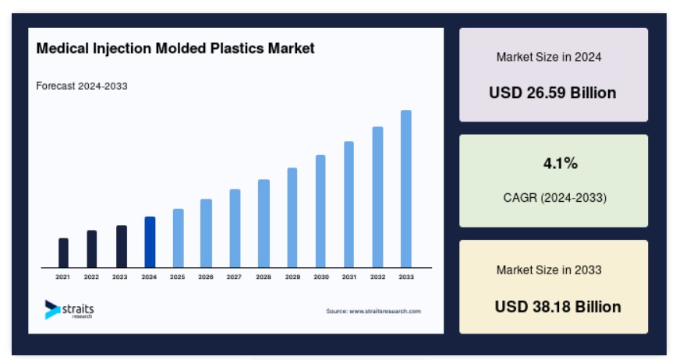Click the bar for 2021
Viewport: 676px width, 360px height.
pos(63,252)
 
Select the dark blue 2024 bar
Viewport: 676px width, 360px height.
pos(150,242)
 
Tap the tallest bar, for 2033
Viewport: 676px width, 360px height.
pos(406,189)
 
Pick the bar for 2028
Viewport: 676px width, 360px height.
pos(264,224)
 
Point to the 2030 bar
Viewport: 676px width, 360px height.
pos(320,211)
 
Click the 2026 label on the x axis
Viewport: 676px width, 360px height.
pos(206,277)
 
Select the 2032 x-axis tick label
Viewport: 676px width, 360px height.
pos(377,277)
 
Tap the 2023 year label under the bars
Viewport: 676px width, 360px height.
pos(120,277)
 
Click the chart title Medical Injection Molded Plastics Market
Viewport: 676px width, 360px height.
pos(175,48)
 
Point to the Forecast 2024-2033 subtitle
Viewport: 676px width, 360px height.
pos(82,86)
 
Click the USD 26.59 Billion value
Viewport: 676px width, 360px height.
pos(553,93)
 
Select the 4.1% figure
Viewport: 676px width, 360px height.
pos(561,163)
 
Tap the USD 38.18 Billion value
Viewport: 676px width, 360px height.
pos(557,306)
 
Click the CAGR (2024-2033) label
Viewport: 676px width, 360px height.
pos(555,198)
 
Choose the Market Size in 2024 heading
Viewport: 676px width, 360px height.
pos(549,57)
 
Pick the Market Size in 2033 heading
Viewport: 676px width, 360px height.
pos(549,270)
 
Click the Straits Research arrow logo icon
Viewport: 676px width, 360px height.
pos(51,309)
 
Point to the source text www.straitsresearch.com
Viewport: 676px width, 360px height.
pos(385,311)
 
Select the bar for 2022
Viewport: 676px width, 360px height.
pos(92,249)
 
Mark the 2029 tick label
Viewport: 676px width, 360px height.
pos(292,277)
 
